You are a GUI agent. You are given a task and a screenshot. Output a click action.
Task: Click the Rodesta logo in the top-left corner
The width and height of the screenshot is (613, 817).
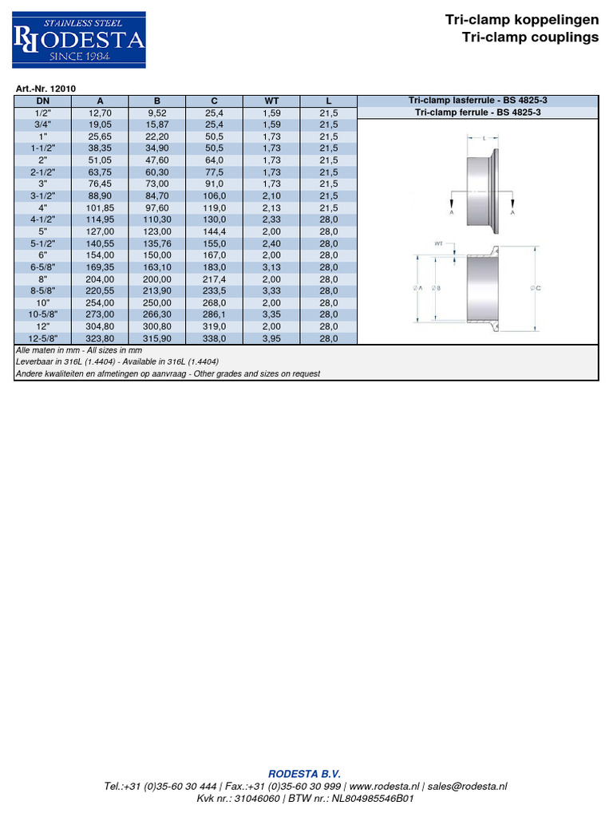pos(79,40)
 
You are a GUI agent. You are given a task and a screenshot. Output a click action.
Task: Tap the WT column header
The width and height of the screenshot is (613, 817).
pos(271,101)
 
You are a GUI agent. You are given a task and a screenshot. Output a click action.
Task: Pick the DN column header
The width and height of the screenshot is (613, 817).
pos(42,101)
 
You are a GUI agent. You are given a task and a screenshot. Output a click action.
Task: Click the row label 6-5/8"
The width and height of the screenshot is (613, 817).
pos(42,267)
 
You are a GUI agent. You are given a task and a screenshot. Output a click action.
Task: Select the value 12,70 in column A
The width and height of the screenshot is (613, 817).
pos(100,113)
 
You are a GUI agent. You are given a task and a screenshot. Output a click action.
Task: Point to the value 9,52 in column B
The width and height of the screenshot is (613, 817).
pos(157,113)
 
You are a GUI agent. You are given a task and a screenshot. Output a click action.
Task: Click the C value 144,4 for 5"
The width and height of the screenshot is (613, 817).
pos(214,231)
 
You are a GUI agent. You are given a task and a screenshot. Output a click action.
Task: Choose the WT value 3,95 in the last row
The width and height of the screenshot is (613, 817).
pos(271,338)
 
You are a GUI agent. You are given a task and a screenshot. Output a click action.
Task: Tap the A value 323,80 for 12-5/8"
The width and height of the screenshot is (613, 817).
pos(100,338)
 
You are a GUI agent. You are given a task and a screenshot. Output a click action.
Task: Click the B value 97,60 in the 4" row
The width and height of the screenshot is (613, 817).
pos(157,208)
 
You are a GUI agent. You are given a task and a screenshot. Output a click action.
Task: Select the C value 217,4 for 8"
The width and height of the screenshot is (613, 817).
pos(214,279)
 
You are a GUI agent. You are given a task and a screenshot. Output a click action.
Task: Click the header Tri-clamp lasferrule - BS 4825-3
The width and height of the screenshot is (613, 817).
pos(477,101)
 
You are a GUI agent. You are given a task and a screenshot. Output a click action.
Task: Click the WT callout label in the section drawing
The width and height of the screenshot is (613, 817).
pos(438,243)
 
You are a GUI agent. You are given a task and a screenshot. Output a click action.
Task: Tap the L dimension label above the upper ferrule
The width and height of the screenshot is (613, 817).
pos(485,138)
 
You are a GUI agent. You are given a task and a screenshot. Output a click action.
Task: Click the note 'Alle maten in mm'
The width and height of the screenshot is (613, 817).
pos(45,350)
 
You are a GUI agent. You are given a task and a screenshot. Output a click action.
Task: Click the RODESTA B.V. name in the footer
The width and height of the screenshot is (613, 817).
pos(304,773)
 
